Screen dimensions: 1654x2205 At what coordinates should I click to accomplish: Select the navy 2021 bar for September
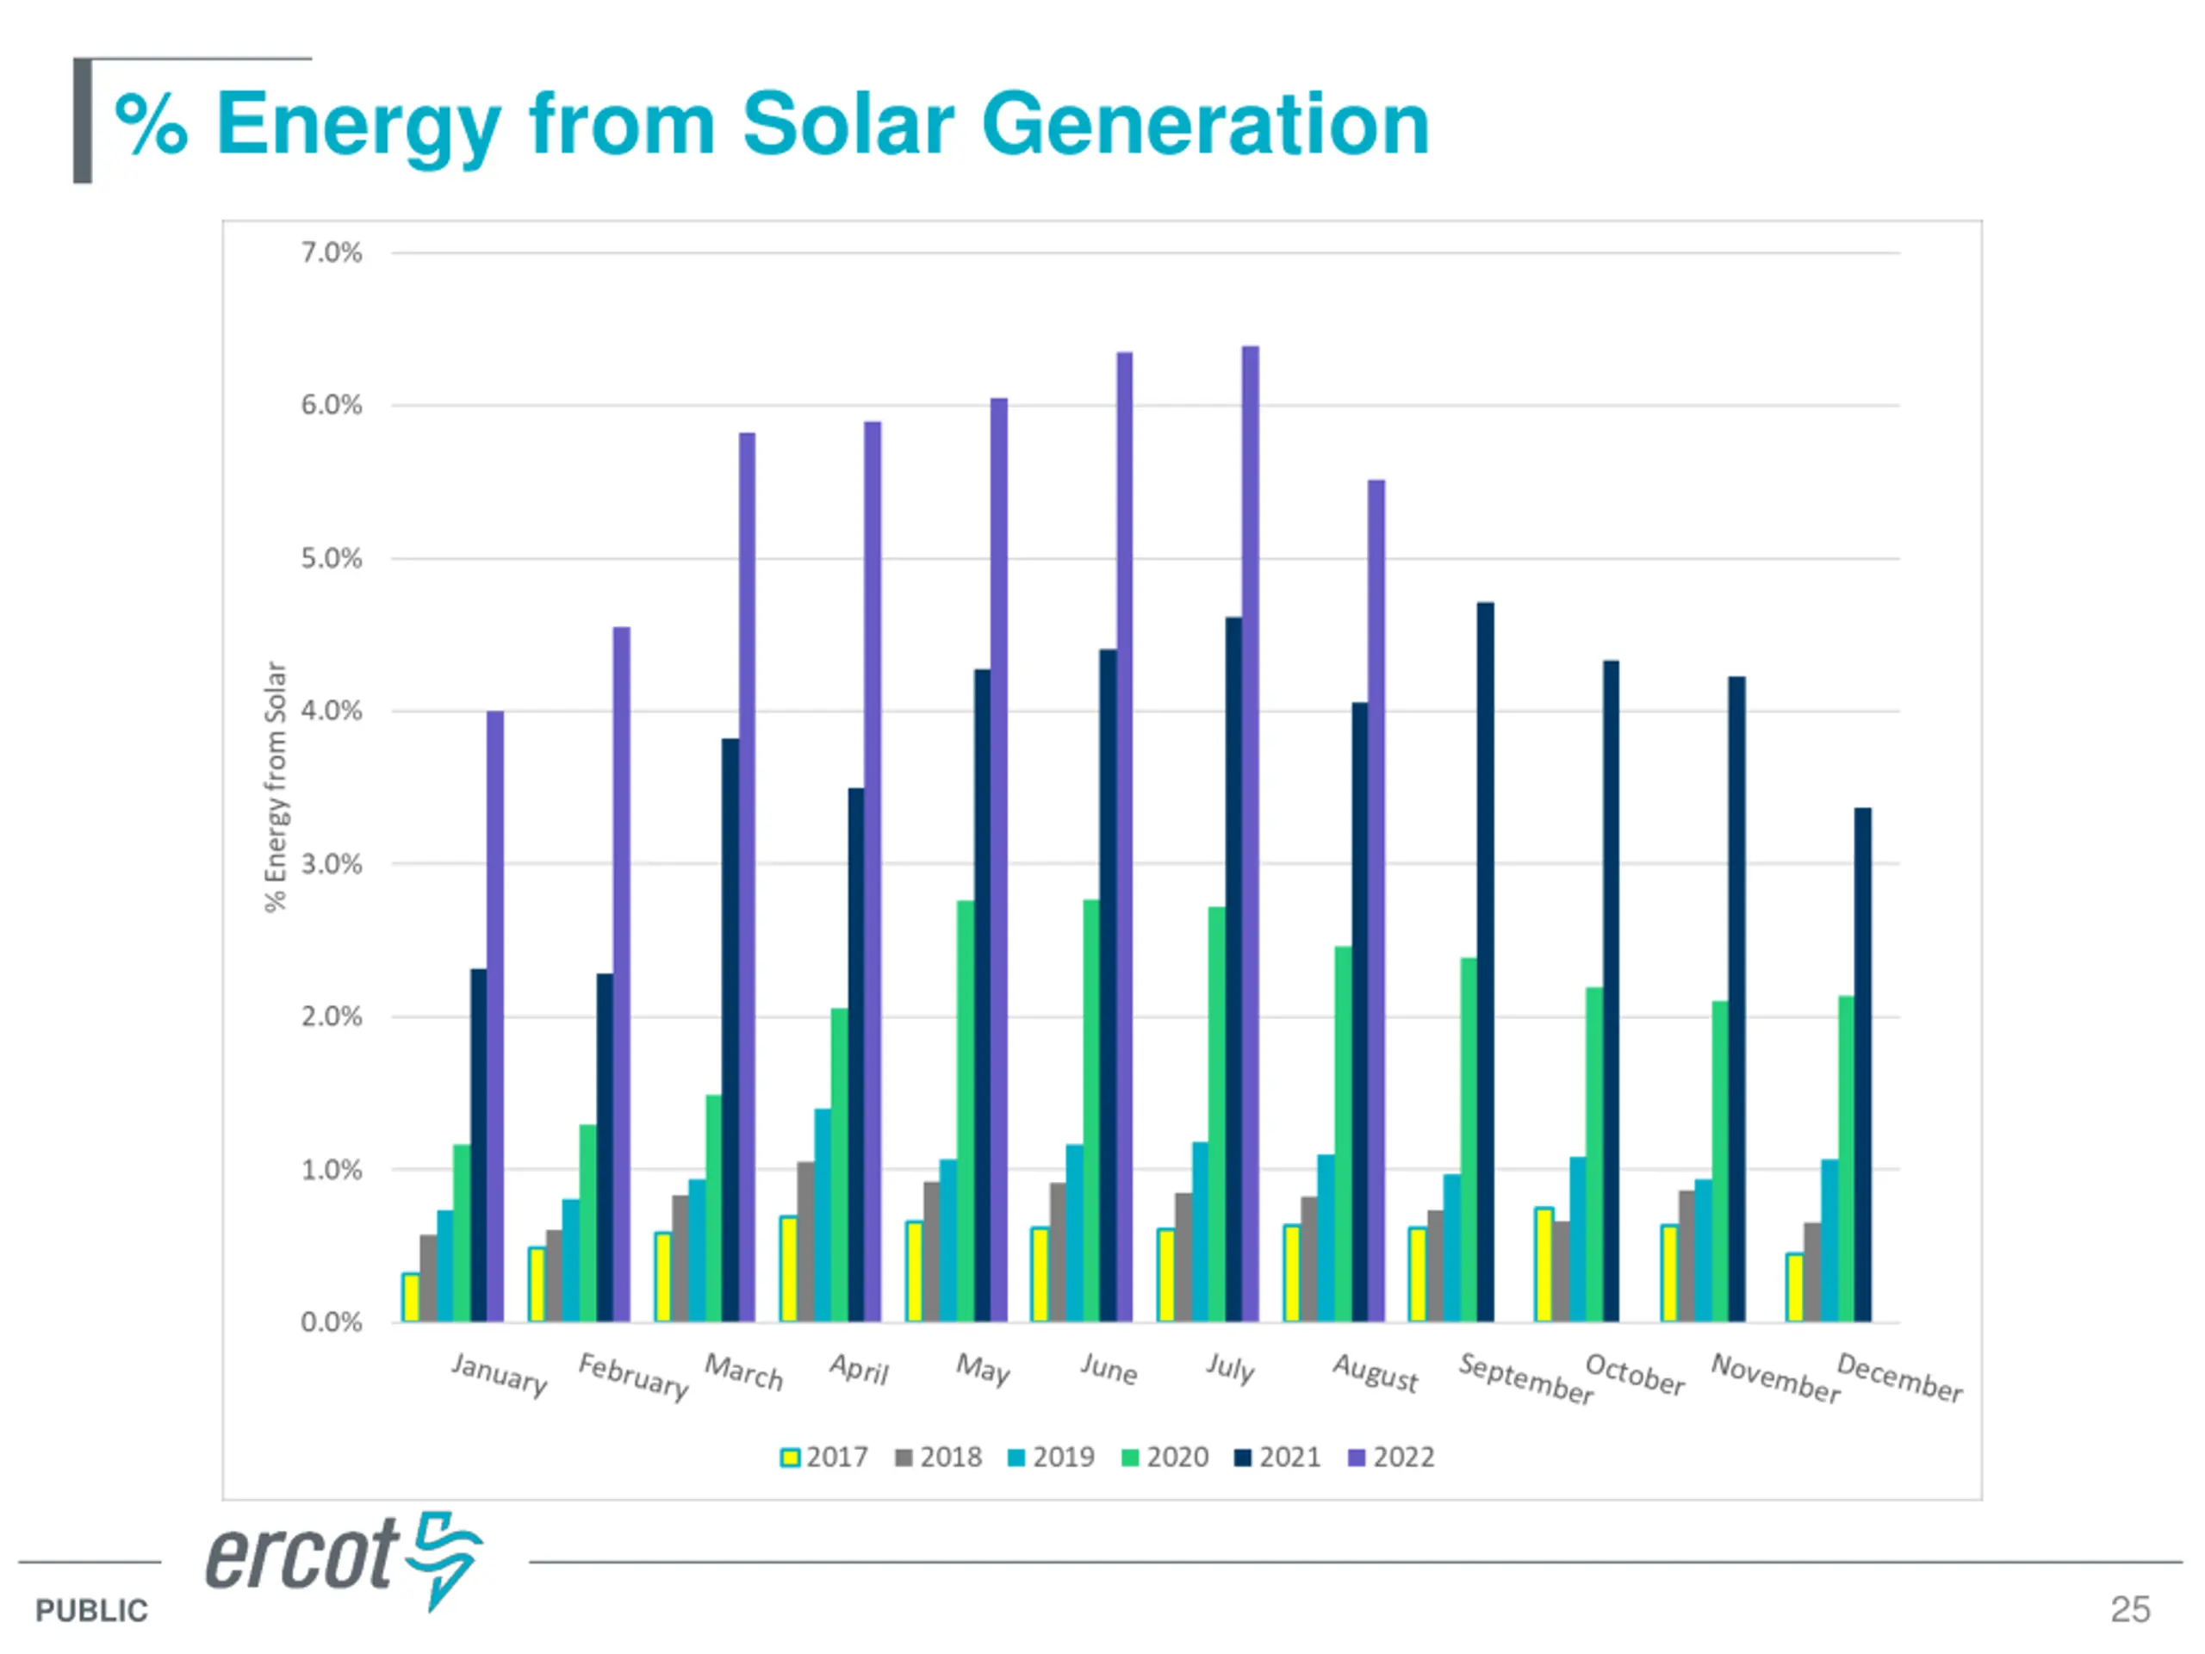[1485, 962]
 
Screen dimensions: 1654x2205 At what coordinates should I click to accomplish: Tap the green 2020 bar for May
[965, 1110]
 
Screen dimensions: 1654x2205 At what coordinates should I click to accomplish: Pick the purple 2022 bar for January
[495, 1016]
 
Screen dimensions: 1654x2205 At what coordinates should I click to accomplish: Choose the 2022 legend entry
[1392, 1458]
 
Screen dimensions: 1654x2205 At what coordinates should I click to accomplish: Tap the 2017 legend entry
[824, 1458]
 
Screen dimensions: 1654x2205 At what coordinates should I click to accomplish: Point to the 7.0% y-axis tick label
[331, 253]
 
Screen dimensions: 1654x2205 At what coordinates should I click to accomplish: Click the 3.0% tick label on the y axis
[331, 864]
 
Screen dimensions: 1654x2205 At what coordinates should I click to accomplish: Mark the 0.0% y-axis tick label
[331, 1323]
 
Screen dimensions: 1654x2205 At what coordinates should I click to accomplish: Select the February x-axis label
[634, 1377]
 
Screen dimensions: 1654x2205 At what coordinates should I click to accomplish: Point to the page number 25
[2129, 1609]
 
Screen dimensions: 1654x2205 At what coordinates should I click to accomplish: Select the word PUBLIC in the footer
[91, 1610]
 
